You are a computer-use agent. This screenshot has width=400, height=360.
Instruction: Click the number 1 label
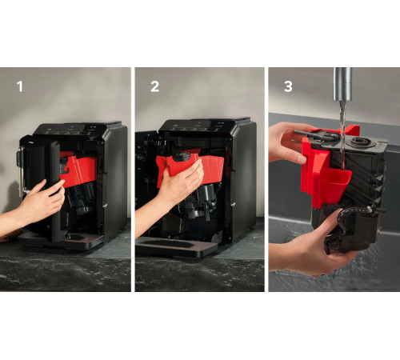click(20, 86)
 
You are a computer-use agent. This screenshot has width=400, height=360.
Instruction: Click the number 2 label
click(155, 86)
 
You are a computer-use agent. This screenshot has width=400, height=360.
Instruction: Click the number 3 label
click(288, 86)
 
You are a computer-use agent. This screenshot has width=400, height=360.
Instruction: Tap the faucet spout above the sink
click(342, 84)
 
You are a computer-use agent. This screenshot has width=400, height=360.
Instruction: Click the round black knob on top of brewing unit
click(358, 142)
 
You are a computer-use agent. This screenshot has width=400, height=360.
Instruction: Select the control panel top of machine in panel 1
click(78, 129)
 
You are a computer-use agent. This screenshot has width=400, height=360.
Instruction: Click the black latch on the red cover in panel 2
click(182, 158)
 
